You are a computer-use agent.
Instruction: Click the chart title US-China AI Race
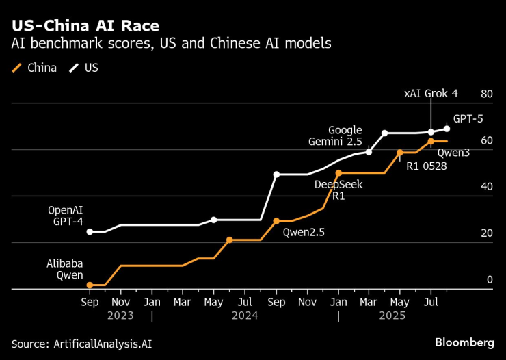pos(85,26)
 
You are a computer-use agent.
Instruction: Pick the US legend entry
pos(85,68)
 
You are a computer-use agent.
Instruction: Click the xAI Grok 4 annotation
pos(431,93)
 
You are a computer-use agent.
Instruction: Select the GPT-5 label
pos(468,118)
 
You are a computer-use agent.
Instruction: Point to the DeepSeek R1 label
pos(338,190)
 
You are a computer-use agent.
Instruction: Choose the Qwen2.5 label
pos(304,232)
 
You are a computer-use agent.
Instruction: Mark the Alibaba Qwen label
pos(65,269)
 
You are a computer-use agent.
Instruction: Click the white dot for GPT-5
pos(447,129)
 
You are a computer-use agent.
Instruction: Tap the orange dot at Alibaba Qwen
pos(90,285)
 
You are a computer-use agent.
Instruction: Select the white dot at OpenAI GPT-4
pos(90,232)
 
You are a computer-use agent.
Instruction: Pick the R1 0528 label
pos(426,165)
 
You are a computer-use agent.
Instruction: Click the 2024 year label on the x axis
pos(245,316)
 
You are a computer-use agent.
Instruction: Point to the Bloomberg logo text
pos(464,342)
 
